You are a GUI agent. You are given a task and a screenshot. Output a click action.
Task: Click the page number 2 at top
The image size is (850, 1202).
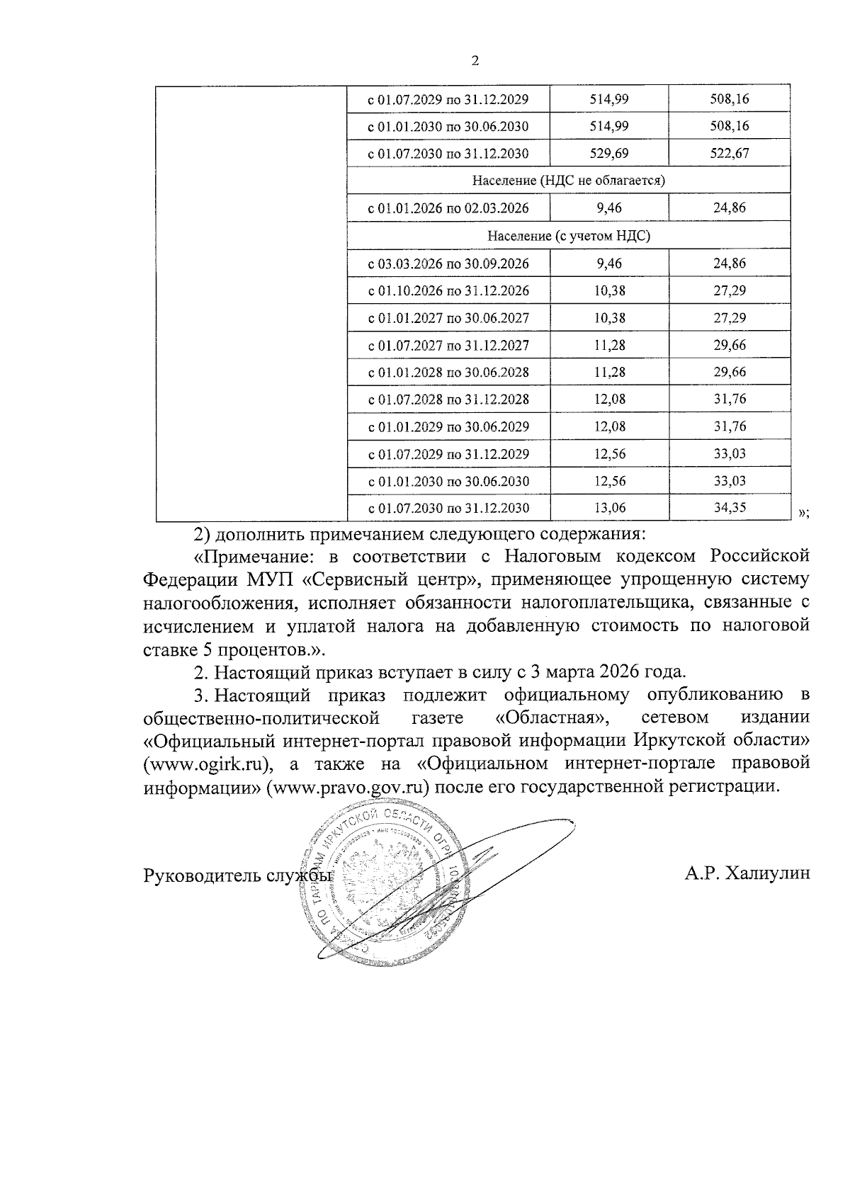(475, 62)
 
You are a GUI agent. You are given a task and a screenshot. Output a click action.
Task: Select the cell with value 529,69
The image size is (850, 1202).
(608, 154)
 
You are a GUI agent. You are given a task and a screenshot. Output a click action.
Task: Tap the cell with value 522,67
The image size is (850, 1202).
(729, 154)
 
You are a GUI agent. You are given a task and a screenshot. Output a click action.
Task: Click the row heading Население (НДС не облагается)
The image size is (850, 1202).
(568, 181)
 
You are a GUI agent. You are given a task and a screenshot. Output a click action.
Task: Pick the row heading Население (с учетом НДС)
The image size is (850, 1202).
(568, 236)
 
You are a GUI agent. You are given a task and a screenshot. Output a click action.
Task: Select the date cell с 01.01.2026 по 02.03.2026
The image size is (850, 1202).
(448, 208)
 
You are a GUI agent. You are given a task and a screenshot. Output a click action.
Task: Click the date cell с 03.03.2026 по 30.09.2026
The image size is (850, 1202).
(448, 263)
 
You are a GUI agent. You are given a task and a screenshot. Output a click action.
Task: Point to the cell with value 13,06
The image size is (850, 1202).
(608, 508)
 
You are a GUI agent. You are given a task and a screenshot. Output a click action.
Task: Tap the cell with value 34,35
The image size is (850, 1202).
(729, 508)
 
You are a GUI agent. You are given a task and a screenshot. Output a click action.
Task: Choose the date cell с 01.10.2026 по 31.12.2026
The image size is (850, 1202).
(448, 291)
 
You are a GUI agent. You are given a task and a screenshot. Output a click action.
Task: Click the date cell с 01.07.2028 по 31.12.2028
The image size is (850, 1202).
(448, 399)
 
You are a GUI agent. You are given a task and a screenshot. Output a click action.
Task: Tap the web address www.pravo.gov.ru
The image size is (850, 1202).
(351, 788)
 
